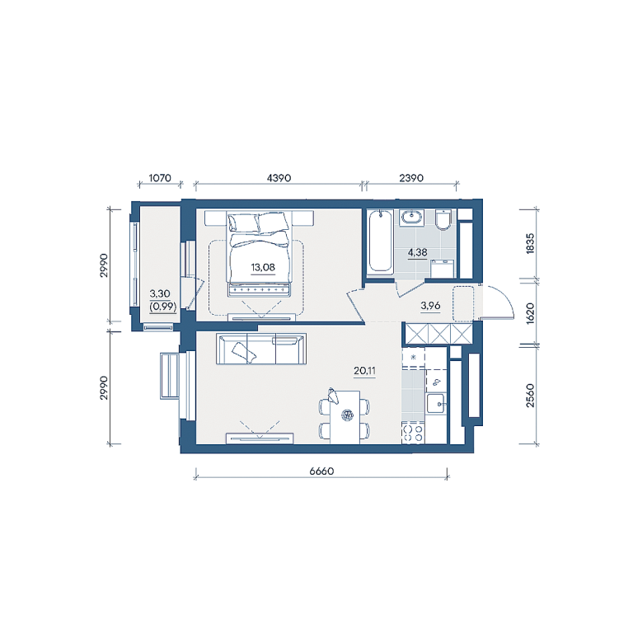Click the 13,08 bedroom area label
pyautogui.click(x=263, y=267)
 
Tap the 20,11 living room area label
pyautogui.click(x=364, y=371)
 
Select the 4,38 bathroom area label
pyautogui.click(x=417, y=253)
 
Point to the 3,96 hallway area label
pyautogui.click(x=430, y=306)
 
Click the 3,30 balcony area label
pyautogui.click(x=160, y=293)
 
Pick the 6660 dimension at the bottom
pyautogui.click(x=321, y=471)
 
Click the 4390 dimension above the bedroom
pyautogui.click(x=279, y=178)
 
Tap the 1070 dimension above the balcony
pyautogui.click(x=160, y=178)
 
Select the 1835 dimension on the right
pyautogui.click(x=530, y=243)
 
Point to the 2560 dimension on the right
pyautogui.click(x=530, y=396)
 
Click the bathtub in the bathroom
pyautogui.click(x=380, y=241)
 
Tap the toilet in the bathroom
pyautogui.click(x=443, y=219)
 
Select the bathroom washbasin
pyautogui.click(x=412, y=218)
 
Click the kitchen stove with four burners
pyautogui.click(x=413, y=433)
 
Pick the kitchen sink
pyautogui.click(x=435, y=403)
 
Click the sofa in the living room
pyautogui.click(x=261, y=349)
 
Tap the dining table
pyautogui.click(x=345, y=417)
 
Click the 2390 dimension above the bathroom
pyautogui.click(x=411, y=178)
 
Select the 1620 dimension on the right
pyautogui.click(x=530, y=313)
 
